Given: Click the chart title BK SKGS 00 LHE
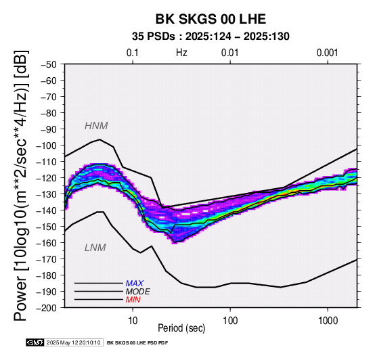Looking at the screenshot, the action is (x=211, y=19).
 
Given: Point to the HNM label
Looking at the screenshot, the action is (x=96, y=126).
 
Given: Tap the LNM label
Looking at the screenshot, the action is (x=95, y=248).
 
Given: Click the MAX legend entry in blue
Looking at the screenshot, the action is (x=135, y=284).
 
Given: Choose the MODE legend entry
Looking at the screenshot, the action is (x=138, y=292).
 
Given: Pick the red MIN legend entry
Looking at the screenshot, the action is (x=133, y=300).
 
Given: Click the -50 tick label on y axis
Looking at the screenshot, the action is (x=49, y=64).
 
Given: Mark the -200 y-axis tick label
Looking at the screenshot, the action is (x=47, y=308).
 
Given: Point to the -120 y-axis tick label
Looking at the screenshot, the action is (x=47, y=178).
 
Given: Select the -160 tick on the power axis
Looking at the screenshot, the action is (x=47, y=243).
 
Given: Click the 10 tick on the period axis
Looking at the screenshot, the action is (x=133, y=321).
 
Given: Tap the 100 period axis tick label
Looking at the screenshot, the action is (x=230, y=321).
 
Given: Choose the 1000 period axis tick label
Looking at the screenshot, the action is (x=328, y=321).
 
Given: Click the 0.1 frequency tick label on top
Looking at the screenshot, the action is (x=133, y=53).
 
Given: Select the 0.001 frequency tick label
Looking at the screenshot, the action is (x=328, y=53).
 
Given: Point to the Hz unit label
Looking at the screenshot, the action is (x=181, y=53).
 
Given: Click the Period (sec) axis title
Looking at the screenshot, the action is (x=181, y=328).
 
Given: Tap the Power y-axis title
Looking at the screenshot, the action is (x=21, y=185).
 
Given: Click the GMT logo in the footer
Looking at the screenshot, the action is (x=35, y=343).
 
